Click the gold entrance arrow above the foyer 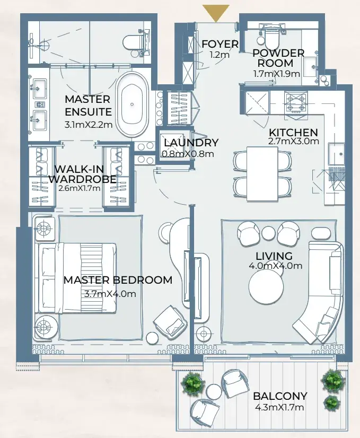(216, 13)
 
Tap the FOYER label (220, 44)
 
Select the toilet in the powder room (272, 37)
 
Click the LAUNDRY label (191, 143)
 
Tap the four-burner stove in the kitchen (296, 103)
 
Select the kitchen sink (337, 154)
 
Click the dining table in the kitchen (262, 173)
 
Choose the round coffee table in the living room (266, 287)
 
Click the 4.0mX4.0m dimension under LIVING (275, 266)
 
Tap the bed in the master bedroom (77, 278)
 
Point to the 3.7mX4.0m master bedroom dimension (110, 294)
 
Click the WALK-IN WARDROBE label (83, 174)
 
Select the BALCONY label (280, 396)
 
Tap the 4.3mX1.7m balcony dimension (279, 407)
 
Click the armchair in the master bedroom (169, 320)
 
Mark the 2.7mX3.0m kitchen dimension (294, 141)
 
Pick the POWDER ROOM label (278, 58)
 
